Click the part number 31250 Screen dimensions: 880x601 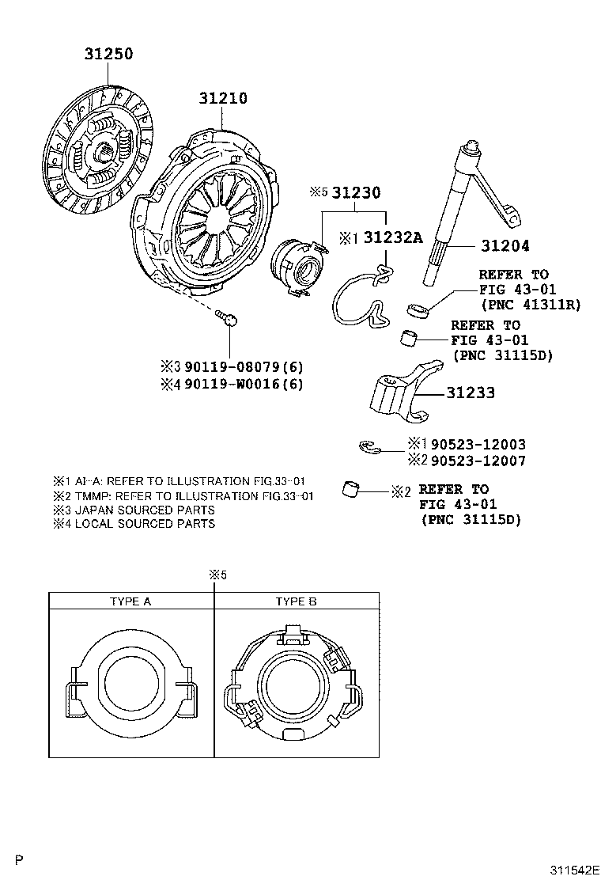[109, 55]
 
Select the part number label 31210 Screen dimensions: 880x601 [223, 99]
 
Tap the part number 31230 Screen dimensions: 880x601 [356, 193]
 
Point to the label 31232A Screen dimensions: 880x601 [393, 237]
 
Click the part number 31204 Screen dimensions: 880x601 [503, 247]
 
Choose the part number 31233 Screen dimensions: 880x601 [471, 393]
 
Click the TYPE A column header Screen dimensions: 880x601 [130, 601]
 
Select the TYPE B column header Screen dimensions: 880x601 [296, 601]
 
